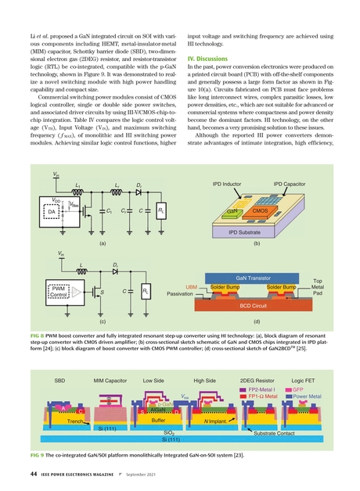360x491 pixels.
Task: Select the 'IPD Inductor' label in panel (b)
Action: coord(221,185)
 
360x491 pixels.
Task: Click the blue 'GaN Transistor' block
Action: coord(258,278)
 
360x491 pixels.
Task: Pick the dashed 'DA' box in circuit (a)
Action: coord(53,211)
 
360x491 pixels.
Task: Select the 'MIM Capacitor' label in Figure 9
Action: coord(110,380)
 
